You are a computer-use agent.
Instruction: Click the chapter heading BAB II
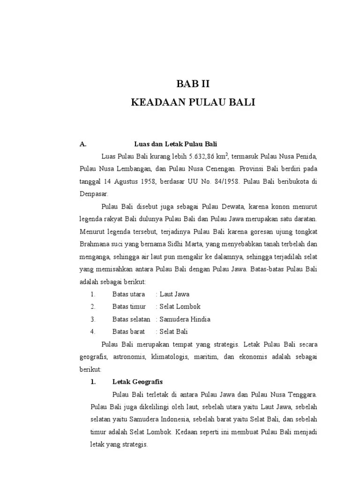(x=193, y=85)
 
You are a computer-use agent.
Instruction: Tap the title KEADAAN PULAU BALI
(x=193, y=103)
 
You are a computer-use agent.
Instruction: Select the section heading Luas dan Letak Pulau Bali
(x=176, y=143)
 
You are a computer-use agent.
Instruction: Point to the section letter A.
(x=82, y=143)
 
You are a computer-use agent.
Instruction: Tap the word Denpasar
(x=93, y=193)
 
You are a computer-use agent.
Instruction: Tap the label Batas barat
(x=128, y=331)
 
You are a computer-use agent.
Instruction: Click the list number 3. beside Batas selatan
(x=93, y=319)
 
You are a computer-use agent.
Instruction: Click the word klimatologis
(x=171, y=357)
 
